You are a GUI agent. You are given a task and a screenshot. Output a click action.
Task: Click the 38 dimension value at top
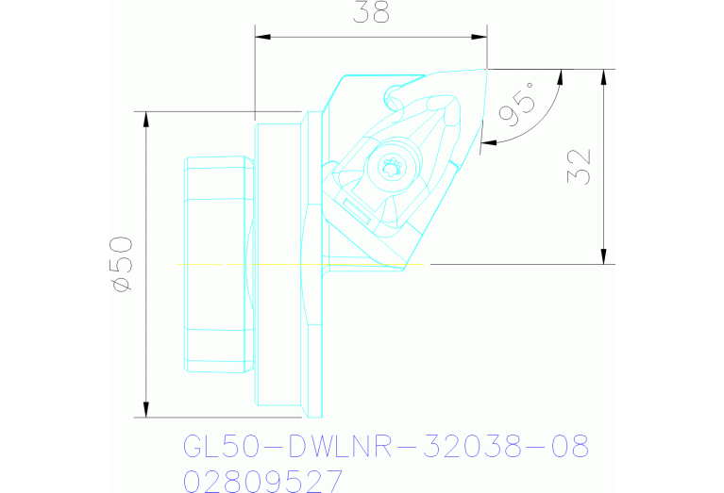point(372,13)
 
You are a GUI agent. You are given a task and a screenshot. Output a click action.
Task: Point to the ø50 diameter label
point(122,264)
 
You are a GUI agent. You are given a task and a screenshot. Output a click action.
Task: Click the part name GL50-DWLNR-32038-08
point(385,446)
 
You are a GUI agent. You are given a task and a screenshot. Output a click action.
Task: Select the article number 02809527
point(262,482)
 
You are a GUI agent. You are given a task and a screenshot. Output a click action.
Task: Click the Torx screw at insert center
point(390,170)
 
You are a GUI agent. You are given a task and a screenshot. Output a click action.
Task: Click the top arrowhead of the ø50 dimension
point(145,118)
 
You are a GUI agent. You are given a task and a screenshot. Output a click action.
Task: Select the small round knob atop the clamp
point(392,94)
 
